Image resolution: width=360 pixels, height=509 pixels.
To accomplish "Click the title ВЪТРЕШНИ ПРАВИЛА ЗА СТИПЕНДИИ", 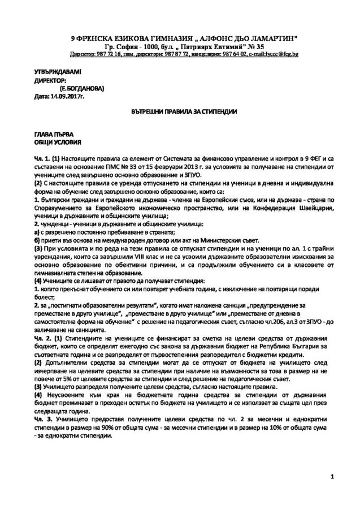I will [180, 113].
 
